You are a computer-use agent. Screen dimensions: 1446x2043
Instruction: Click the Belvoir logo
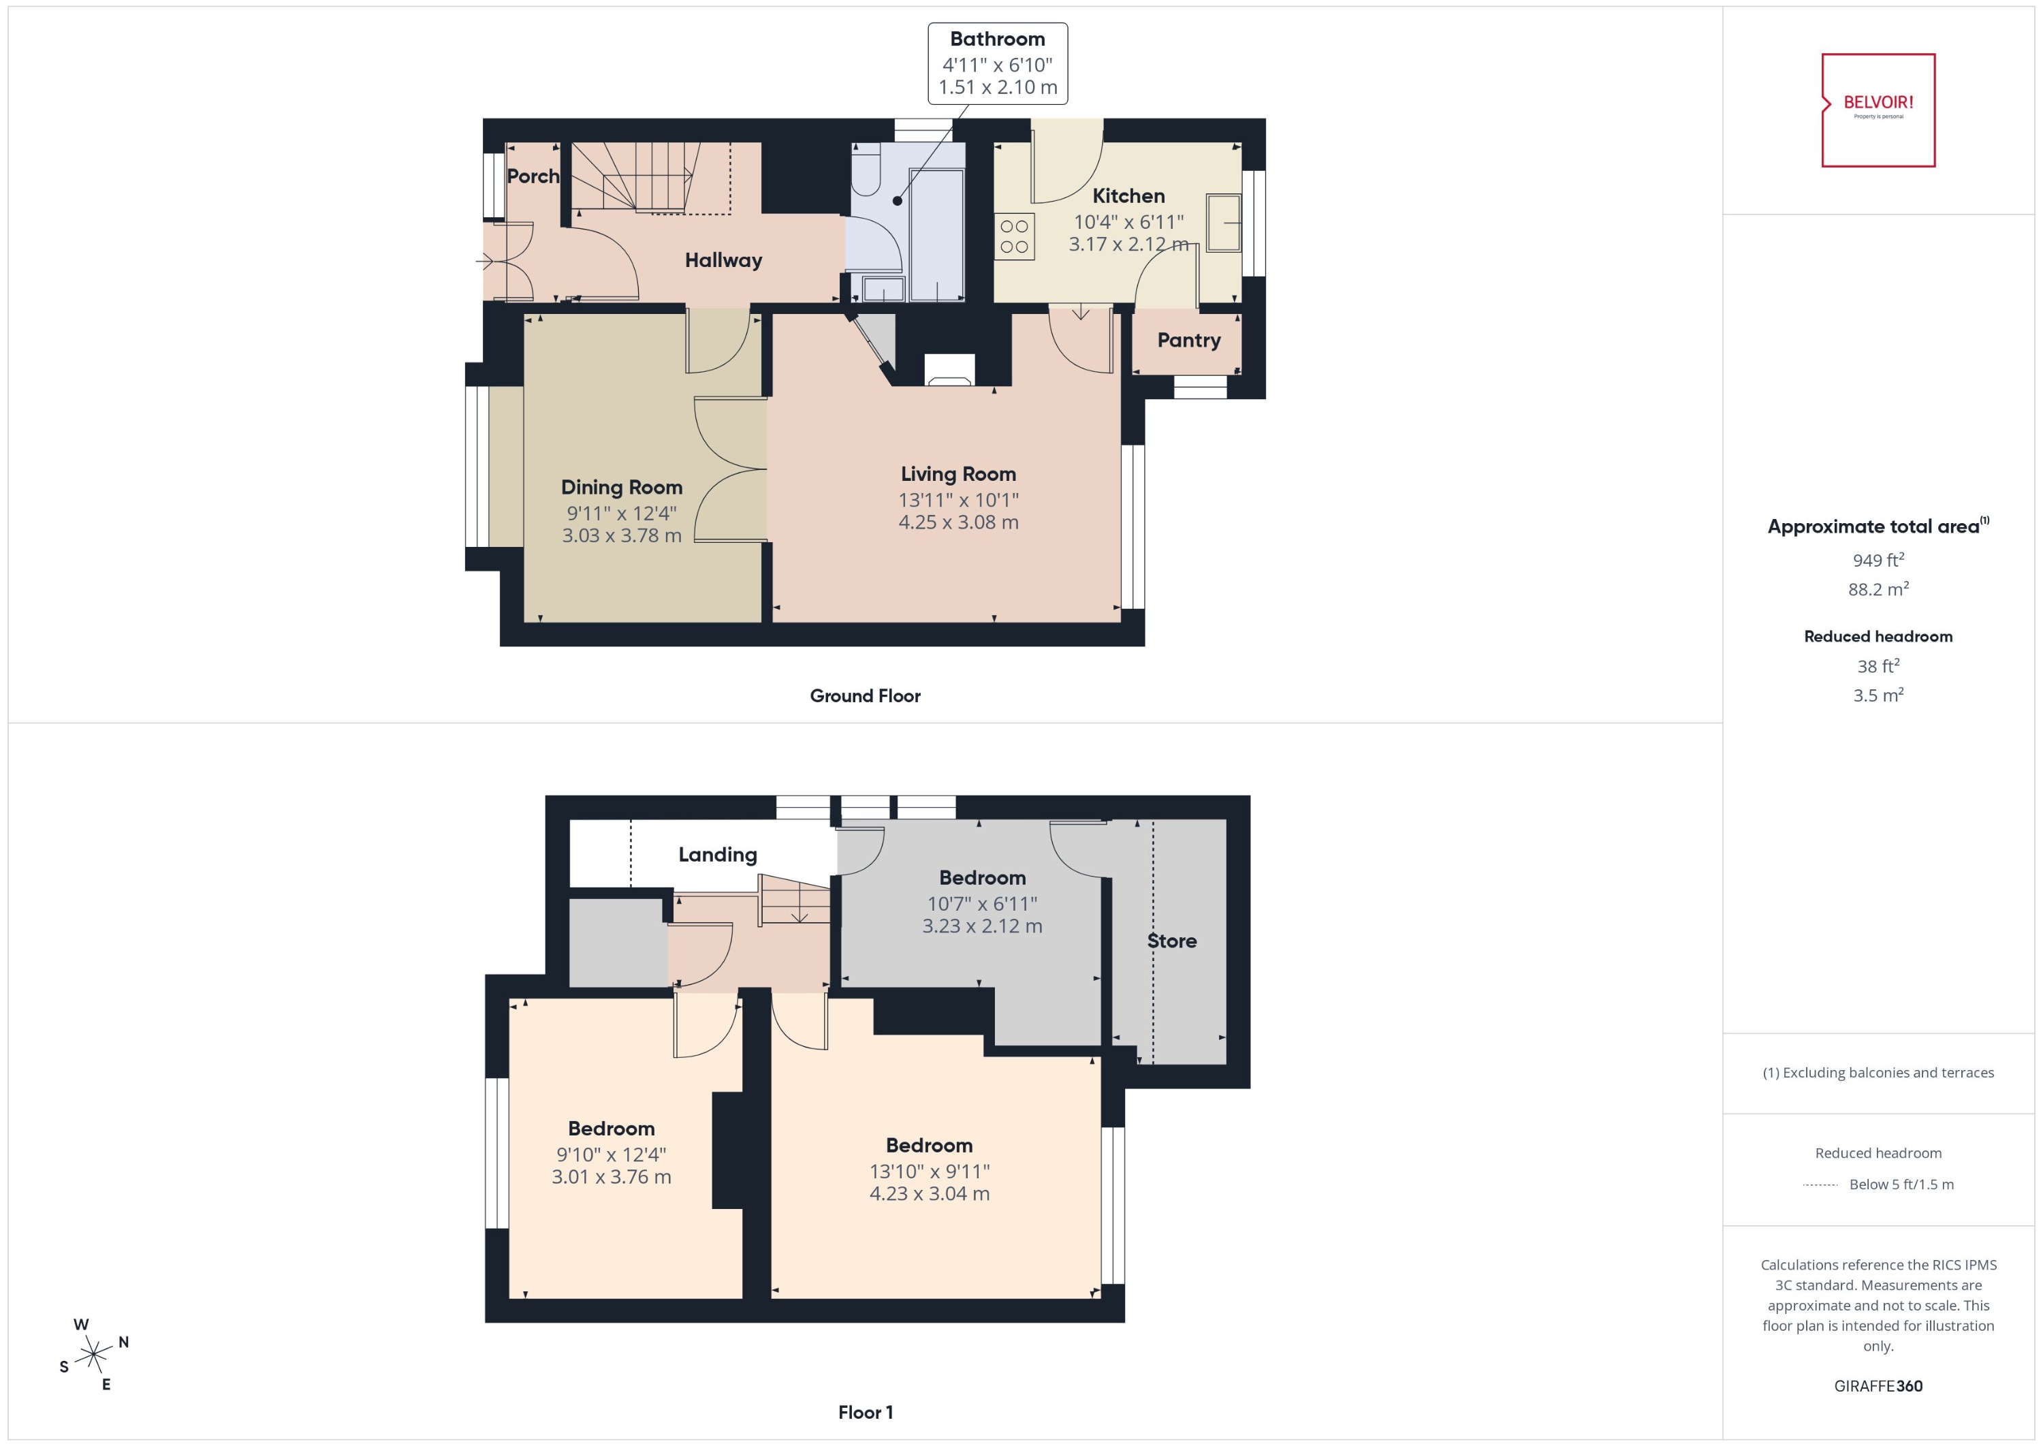tap(1878, 110)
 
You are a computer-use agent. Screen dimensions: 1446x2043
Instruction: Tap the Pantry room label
tap(1188, 340)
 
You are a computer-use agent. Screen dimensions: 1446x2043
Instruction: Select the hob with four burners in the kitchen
tap(1014, 236)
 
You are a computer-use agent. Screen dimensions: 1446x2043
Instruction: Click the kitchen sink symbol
tap(1224, 223)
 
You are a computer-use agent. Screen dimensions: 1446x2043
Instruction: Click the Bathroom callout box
tap(997, 63)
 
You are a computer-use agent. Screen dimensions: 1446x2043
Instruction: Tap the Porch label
tap(533, 176)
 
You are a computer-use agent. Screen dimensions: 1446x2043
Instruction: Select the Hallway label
tap(723, 260)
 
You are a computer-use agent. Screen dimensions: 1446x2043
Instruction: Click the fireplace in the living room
tap(949, 371)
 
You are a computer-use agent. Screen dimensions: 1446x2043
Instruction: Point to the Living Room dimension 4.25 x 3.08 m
tap(958, 522)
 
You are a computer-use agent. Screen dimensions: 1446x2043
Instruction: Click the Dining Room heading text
tap(621, 487)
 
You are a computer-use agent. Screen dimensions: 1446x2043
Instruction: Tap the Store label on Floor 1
tap(1171, 941)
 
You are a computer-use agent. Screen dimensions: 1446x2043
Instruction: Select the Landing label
tap(718, 855)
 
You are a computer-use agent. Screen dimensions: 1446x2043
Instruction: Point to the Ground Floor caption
tap(864, 696)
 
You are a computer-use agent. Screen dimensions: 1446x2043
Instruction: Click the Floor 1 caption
tap(864, 1412)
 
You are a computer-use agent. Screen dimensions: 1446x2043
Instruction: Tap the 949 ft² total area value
tap(1878, 560)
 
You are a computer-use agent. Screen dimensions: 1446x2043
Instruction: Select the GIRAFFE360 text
tap(1878, 1386)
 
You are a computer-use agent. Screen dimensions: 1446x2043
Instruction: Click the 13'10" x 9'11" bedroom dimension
tap(930, 1172)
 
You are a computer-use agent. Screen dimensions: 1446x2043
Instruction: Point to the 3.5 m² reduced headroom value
tap(1878, 695)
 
